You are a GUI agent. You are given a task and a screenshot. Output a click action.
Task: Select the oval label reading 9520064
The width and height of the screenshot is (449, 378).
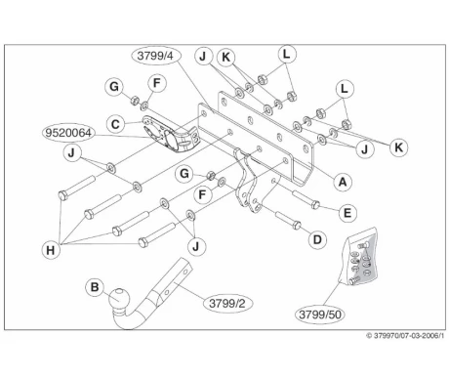click(x=68, y=132)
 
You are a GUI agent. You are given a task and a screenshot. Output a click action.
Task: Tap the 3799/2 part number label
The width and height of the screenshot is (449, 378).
click(x=229, y=304)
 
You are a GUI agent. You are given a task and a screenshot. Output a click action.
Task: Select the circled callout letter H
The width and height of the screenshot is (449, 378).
click(x=49, y=250)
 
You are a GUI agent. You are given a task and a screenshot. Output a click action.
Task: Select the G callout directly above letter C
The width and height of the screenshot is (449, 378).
click(x=114, y=87)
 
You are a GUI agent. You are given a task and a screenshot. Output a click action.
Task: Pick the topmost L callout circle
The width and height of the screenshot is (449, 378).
click(x=285, y=56)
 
